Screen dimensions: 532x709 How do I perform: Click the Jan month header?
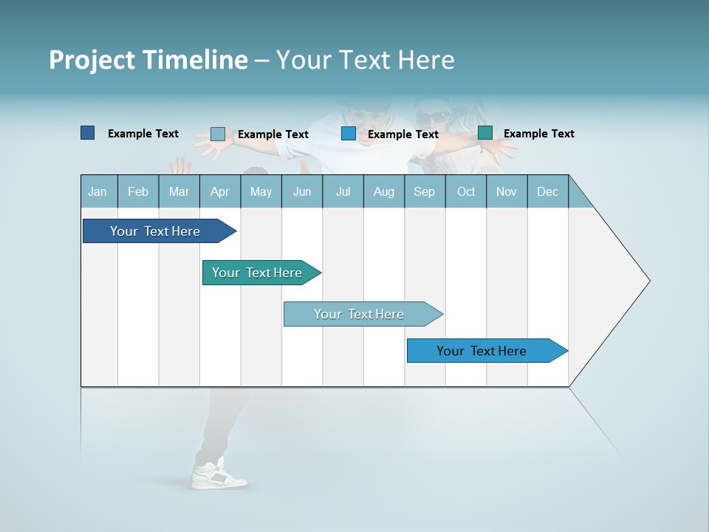(x=97, y=191)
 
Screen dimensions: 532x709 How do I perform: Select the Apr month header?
(x=219, y=191)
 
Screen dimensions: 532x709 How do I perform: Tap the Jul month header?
(x=343, y=191)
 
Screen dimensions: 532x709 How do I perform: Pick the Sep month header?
(x=424, y=191)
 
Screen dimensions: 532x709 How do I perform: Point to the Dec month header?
(x=547, y=191)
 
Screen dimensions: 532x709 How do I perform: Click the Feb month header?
(x=138, y=191)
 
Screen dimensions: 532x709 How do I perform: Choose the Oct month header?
(x=466, y=191)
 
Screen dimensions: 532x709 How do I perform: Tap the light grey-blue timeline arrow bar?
(x=360, y=314)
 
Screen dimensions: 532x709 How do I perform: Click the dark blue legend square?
(x=87, y=133)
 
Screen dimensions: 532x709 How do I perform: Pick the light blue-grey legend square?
(x=217, y=134)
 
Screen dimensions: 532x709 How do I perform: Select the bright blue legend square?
(x=349, y=134)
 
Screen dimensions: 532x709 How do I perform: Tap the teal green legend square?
(x=485, y=133)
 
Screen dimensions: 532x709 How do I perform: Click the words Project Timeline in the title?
(x=148, y=60)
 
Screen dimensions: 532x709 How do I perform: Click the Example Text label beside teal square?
(x=538, y=134)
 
